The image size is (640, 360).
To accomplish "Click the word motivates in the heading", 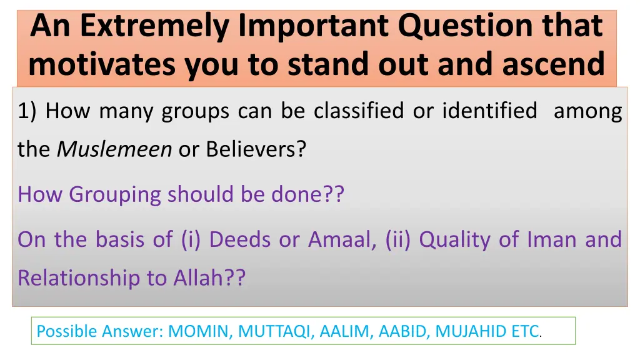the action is (102, 64).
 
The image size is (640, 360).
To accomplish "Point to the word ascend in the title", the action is (553, 64).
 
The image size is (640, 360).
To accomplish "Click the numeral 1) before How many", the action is (27, 111).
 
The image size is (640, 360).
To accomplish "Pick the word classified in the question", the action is (359, 110).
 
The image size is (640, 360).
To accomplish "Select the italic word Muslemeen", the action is (114, 149).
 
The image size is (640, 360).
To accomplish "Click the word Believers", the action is (256, 149).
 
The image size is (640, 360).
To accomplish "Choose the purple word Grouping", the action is (115, 195).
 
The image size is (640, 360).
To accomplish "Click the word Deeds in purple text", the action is (240, 239).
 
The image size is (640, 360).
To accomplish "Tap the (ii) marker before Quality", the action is (398, 239).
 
